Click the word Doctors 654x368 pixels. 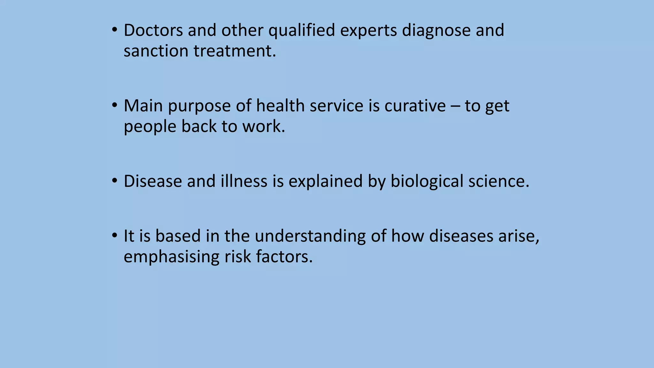click(153, 30)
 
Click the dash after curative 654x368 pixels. click(455, 106)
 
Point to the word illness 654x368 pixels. click(244, 181)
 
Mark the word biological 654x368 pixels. click(427, 182)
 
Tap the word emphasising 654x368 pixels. click(171, 257)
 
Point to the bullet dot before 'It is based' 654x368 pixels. click(115, 236)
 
